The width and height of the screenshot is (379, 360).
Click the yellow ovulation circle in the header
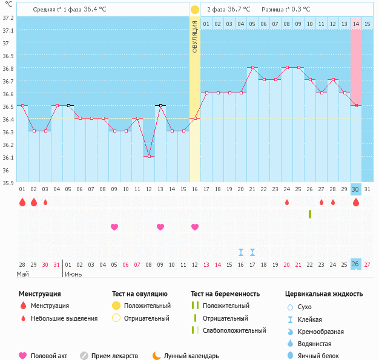tap(194, 10)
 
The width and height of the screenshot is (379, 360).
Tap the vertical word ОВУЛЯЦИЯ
tap(194, 36)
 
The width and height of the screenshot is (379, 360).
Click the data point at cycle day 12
tap(148, 156)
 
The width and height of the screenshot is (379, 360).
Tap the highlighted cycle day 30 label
tap(356, 189)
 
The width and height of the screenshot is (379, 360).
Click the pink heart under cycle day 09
tap(114, 227)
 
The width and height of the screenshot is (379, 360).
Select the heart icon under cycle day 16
tap(195, 227)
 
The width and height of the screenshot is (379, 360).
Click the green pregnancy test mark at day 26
tap(310, 214)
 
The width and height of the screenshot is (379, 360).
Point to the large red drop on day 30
tap(356, 203)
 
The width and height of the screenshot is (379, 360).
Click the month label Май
tap(22, 274)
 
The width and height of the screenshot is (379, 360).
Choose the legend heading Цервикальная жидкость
tap(324, 293)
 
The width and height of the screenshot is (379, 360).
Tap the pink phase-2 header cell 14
tap(356, 24)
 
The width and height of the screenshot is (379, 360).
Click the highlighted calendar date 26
tap(356, 264)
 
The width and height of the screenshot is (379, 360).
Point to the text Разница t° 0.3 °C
tap(286, 10)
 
